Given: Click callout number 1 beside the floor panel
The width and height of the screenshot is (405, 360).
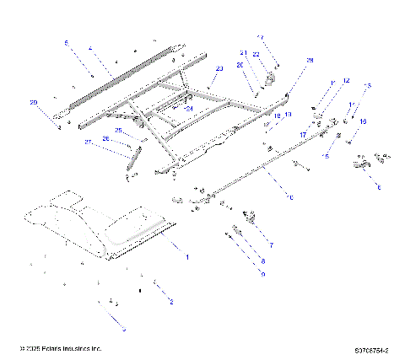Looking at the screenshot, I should (187, 255).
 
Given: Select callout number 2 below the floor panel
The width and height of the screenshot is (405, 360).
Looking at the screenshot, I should (171, 300).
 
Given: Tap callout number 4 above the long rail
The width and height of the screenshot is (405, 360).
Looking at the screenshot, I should (90, 49).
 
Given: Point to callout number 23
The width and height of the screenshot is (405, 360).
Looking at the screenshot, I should (219, 68).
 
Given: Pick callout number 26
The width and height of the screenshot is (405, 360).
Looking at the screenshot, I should (105, 138).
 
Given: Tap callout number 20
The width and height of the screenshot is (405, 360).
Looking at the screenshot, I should (240, 65).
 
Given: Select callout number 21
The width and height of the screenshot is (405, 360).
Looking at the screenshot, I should (242, 52).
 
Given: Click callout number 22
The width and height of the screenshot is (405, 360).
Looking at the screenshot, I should (256, 55).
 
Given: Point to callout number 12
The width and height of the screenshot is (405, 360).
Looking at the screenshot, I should (346, 81).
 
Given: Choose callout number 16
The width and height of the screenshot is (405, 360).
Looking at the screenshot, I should (363, 121).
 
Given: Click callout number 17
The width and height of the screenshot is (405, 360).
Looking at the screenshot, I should (303, 134).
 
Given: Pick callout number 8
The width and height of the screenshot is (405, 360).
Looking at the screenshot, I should (262, 261).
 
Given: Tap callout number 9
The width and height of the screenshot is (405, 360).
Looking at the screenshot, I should (262, 275).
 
